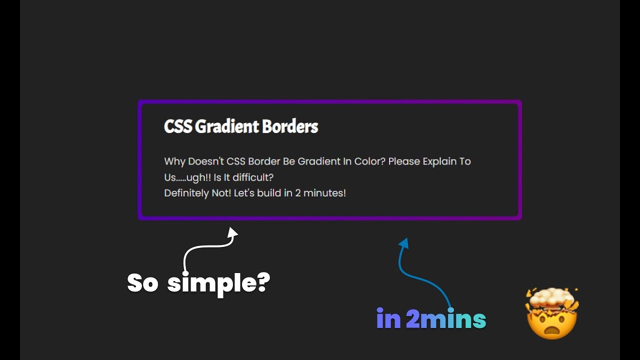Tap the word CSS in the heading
[x=178, y=127]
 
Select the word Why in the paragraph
[x=174, y=161]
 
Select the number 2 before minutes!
[x=298, y=193]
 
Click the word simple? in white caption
[x=218, y=283]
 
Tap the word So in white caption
[x=142, y=283]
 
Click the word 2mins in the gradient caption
[x=445, y=319]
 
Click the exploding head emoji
[x=552, y=314]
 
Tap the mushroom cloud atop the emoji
[x=552, y=299]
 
